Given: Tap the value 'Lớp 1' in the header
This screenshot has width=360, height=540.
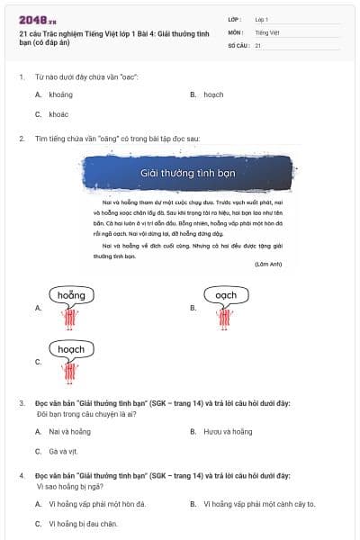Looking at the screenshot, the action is pyautogui.click(x=262, y=18).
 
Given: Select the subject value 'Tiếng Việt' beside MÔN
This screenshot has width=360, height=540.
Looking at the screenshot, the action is pyautogui.click(x=267, y=31).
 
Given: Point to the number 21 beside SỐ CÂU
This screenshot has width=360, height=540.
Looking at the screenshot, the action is pyautogui.click(x=258, y=45).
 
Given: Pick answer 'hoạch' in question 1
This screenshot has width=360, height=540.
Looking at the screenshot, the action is pyautogui.click(x=213, y=94).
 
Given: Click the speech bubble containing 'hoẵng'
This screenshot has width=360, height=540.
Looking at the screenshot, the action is pyautogui.click(x=71, y=295).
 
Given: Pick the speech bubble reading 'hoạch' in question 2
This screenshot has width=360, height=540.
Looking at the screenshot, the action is pyautogui.click(x=71, y=349).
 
